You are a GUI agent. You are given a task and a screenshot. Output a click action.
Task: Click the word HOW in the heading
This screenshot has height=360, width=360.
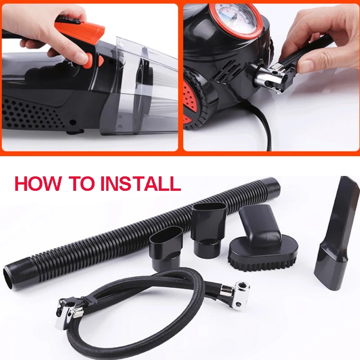click(x=38, y=184)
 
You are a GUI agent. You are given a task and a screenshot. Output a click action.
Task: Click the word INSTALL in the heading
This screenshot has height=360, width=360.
click(x=140, y=184)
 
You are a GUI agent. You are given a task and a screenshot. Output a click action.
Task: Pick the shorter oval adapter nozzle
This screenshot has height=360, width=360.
click(x=166, y=248)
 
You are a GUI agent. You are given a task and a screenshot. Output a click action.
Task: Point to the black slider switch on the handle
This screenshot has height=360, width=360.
click(x=69, y=20)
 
